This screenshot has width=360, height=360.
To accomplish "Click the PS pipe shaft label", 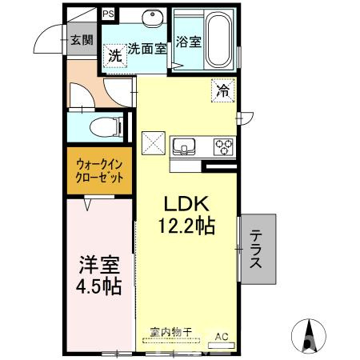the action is (108, 14).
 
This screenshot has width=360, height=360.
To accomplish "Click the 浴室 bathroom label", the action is (189, 42).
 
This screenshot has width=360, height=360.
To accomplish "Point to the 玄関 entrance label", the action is (82, 40).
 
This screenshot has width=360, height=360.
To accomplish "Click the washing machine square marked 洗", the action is (115, 56).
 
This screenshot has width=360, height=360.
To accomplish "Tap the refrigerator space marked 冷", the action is (223, 90).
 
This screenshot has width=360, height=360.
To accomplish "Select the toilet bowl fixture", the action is (106, 127).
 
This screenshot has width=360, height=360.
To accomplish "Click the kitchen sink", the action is (184, 146).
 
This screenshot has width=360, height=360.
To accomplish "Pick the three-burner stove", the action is (224, 146).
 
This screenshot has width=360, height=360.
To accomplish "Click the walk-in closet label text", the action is (99, 171).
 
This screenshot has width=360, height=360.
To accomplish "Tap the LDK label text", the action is (186, 204).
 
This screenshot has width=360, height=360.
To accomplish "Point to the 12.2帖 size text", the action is (186, 226).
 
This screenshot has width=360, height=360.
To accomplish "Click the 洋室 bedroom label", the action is (99, 265).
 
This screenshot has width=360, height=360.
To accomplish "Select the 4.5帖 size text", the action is (99, 286).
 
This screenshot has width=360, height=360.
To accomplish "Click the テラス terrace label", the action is (255, 249).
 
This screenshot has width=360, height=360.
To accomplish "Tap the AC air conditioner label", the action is (222, 337).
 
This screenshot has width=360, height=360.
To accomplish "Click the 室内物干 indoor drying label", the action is (171, 332).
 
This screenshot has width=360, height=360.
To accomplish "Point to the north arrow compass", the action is (309, 335).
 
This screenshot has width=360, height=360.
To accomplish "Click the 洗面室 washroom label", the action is (147, 49).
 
